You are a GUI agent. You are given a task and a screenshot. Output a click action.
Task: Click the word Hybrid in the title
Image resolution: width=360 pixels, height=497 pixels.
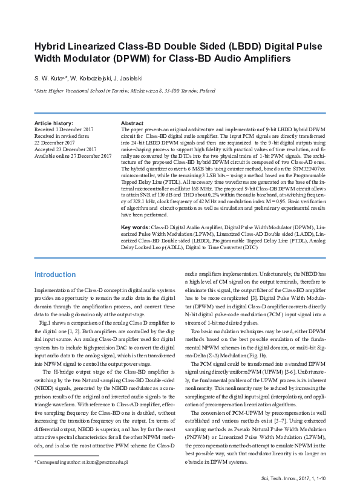tap(50, 47)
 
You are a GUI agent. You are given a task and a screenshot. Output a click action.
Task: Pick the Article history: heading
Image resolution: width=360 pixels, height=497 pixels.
tap(53, 123)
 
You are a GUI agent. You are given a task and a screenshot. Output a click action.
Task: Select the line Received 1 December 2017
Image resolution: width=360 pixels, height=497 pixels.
tap(64, 130)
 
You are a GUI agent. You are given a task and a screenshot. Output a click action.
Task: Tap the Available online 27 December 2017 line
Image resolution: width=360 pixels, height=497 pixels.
tap(73, 156)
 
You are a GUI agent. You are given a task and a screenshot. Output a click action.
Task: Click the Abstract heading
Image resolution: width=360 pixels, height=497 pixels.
tap(132, 123)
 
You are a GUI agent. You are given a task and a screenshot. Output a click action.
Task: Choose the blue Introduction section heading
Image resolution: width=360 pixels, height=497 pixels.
tap(54, 274)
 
